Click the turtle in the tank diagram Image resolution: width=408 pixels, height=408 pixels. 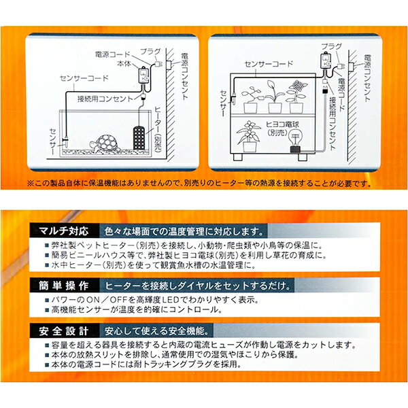pyautogui.click(x=105, y=143)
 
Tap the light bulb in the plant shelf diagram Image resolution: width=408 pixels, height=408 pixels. pyautogui.click(x=296, y=140)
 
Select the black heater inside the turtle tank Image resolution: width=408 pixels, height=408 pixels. pyautogui.click(x=139, y=137)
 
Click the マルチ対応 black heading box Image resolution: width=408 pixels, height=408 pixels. pyautogui.click(x=64, y=231)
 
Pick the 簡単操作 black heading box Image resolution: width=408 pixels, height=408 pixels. pyautogui.click(x=64, y=286)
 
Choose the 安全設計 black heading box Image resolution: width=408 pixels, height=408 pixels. pyautogui.click(x=64, y=330)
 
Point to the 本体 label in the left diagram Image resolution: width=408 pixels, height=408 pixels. pyautogui.click(x=124, y=63)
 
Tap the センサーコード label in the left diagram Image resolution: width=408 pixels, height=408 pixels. pyautogui.click(x=84, y=78)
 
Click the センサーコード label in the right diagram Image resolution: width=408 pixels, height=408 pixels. pyautogui.click(x=269, y=64)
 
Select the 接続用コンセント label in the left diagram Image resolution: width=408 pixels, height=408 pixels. pyautogui.click(x=105, y=99)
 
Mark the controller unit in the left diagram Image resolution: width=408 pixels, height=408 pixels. pyautogui.click(x=143, y=75)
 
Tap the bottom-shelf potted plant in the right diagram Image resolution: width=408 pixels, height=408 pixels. pyautogui.click(x=248, y=136)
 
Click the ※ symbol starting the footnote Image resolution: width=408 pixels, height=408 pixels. pyautogui.click(x=31, y=184)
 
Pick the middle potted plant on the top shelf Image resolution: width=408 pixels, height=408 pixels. pyautogui.click(x=275, y=97)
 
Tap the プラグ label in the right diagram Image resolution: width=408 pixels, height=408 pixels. pyautogui.click(x=331, y=46)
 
